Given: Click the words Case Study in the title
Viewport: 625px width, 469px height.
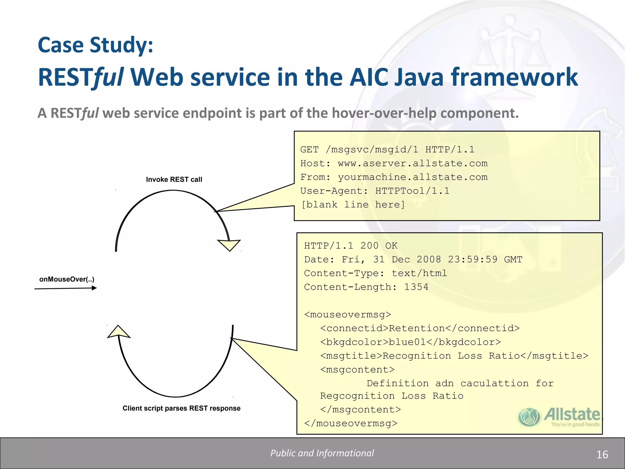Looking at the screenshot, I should click(95, 45).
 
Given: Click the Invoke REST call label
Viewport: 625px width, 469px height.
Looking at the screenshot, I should click(174, 180).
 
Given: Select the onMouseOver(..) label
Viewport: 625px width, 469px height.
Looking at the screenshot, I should click(67, 279).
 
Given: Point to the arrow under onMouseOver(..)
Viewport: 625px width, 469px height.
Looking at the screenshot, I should click(66, 288).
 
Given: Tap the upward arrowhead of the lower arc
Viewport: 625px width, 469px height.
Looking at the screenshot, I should click(118, 332).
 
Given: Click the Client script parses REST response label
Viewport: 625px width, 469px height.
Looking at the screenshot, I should click(181, 408).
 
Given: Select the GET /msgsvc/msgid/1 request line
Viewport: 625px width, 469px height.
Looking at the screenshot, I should click(387, 150).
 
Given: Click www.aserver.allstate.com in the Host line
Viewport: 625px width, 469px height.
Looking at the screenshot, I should click(413, 163).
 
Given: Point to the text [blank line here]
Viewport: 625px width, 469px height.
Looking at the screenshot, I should click(353, 205).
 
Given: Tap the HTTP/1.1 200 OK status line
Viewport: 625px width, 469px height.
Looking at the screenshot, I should click(351, 246).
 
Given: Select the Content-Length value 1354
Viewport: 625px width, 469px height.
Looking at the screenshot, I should click(416, 287).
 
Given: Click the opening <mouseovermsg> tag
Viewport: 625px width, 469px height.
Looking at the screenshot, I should click(348, 314).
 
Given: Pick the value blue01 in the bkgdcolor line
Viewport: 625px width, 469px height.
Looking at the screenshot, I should click(407, 342).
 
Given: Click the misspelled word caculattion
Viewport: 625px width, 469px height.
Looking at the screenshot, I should click(494, 384).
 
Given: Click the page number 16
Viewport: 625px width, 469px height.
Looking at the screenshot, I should click(602, 455).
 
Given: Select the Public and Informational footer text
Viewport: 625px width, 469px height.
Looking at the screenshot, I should click(322, 453).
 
